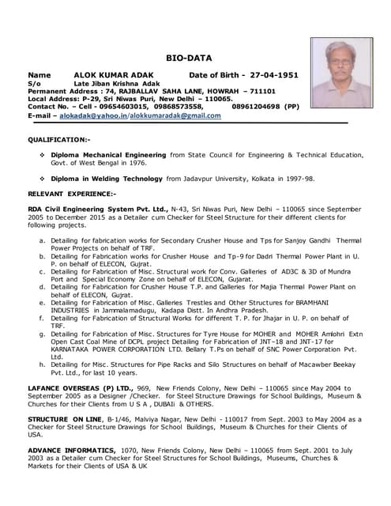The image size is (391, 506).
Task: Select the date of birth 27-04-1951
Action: point(273,74)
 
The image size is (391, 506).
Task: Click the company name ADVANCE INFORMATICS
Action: point(71,447)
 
